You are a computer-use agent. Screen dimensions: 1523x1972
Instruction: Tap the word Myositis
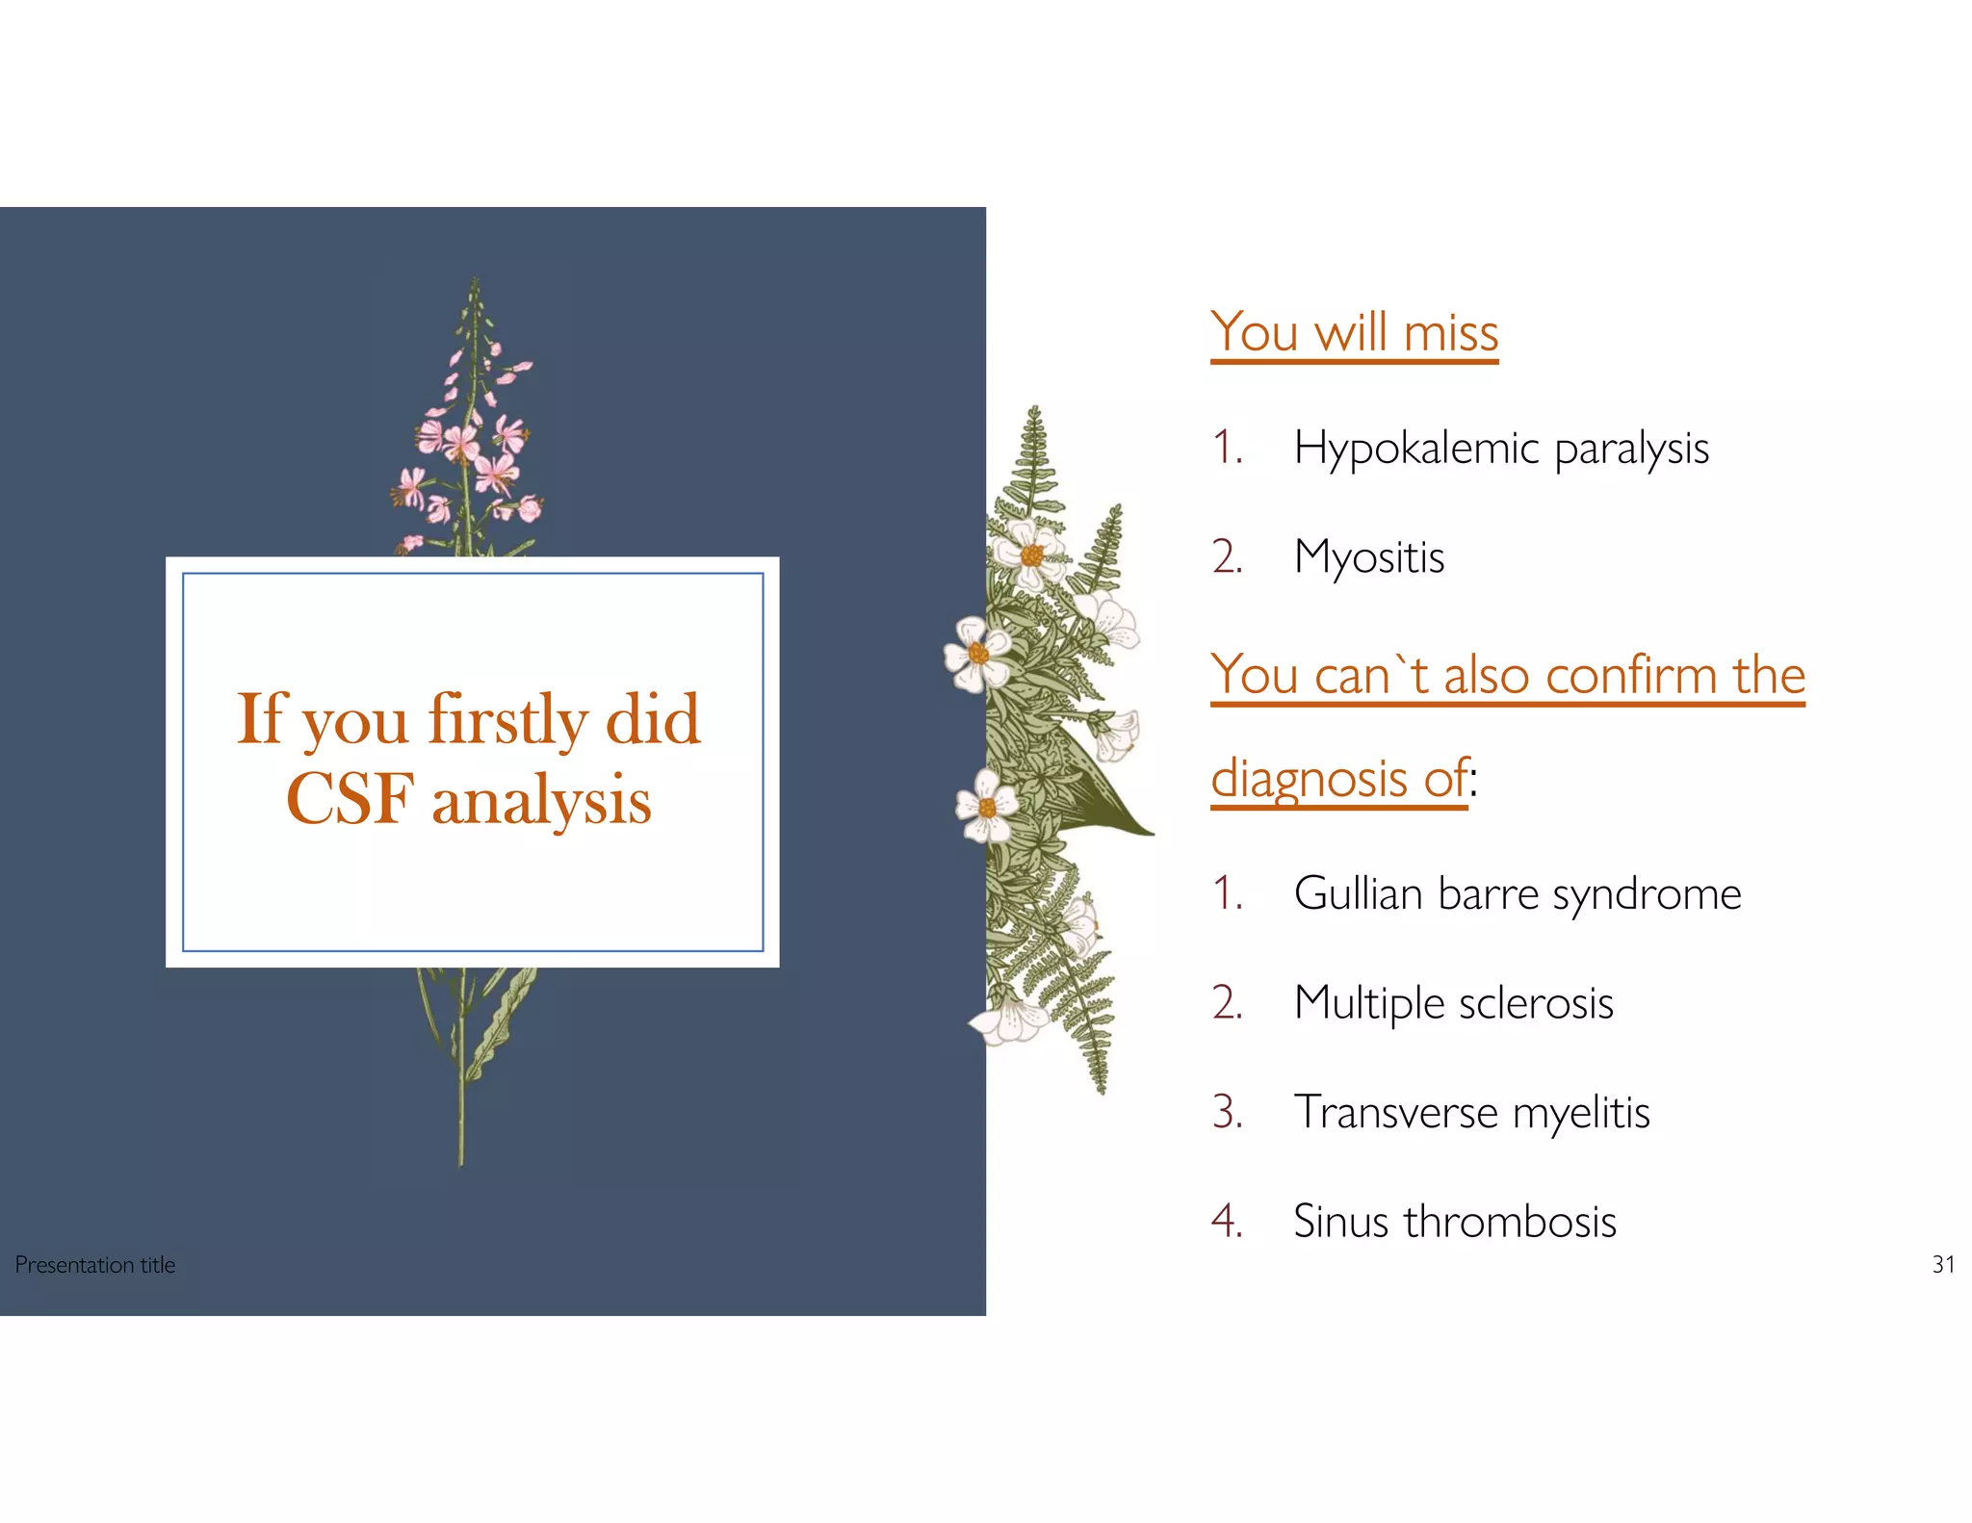click(1368, 557)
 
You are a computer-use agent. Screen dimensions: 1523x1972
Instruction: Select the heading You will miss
click(1354, 333)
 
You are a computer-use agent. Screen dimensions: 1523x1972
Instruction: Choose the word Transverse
click(1395, 1113)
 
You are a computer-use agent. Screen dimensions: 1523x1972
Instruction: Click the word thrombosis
click(1509, 1222)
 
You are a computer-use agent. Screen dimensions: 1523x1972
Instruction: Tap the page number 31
click(1943, 1265)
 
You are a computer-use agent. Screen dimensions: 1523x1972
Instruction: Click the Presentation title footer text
click(95, 1265)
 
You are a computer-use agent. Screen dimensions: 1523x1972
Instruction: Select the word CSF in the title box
click(350, 799)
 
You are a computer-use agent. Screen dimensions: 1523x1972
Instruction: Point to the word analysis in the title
click(541, 801)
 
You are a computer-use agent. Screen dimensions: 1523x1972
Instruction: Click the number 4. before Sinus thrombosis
click(1227, 1222)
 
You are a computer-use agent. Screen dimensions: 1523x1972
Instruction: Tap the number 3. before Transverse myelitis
click(1227, 1113)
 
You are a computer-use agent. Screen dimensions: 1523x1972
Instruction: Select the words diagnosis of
click(1338, 778)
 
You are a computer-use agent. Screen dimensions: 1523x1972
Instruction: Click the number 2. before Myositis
click(1227, 557)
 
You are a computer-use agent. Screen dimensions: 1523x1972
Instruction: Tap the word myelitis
click(1580, 1113)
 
